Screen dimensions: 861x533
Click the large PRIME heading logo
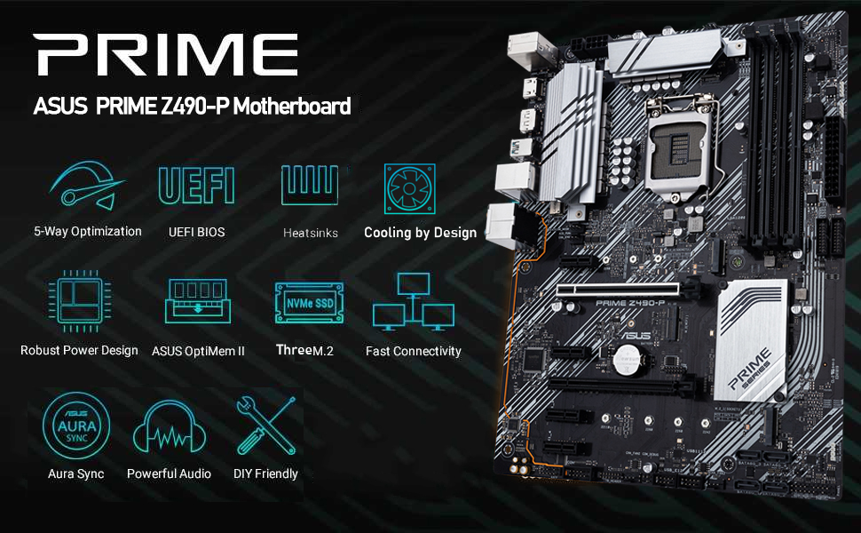167,54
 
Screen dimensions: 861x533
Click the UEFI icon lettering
196,186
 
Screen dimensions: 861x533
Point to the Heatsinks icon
310,186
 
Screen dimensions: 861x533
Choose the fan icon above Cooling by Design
409,188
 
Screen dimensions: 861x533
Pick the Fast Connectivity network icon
414,303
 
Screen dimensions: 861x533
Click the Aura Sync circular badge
76,426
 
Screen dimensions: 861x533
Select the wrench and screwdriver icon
265,426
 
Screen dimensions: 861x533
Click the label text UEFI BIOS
196,232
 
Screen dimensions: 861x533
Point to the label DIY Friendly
265,473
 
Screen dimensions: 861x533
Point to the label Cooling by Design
420,233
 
